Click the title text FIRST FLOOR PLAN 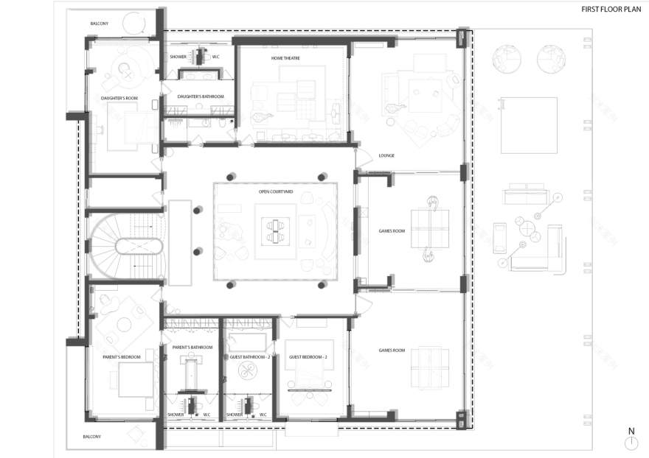[611, 10]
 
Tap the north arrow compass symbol [631, 443]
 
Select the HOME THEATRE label [285, 58]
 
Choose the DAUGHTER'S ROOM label [119, 97]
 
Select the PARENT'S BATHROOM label [192, 347]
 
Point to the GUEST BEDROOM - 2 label [308, 357]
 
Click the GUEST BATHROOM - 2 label [249, 357]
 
